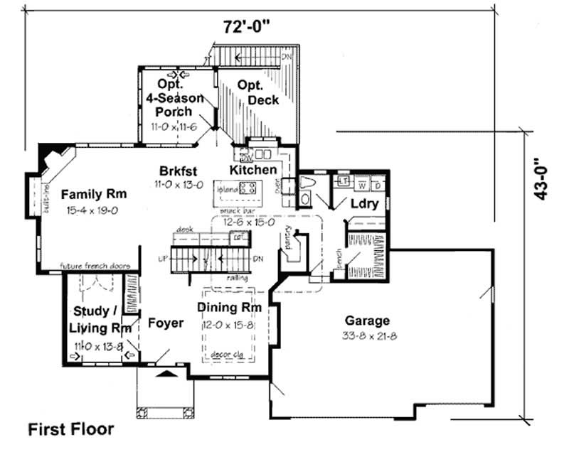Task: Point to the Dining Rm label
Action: click(x=229, y=308)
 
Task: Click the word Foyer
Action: click(x=166, y=323)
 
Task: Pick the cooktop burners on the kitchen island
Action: click(x=249, y=188)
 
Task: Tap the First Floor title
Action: click(x=70, y=429)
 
